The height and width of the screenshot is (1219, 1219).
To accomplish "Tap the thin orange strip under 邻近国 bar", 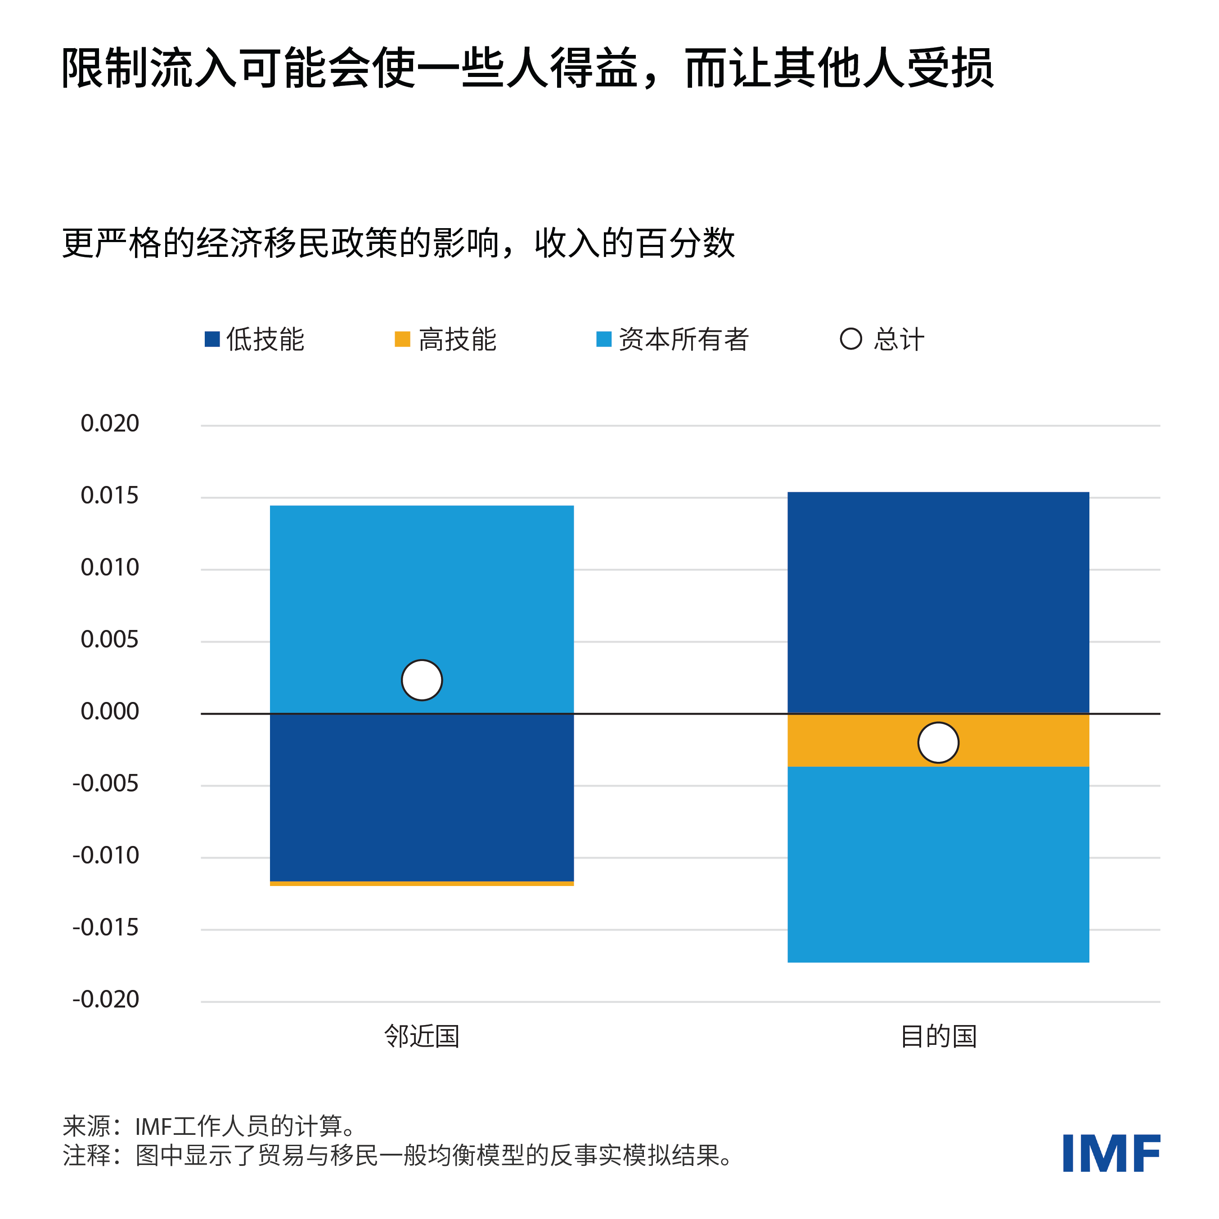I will tap(422, 883).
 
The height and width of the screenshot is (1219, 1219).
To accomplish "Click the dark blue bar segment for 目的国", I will tap(938, 603).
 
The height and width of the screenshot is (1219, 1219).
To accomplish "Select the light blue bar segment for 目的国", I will tap(938, 864).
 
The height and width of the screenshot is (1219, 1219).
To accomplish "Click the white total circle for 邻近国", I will tap(422, 680).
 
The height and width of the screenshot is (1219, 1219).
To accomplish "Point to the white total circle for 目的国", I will tap(938, 742).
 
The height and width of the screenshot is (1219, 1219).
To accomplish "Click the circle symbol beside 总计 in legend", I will tap(850, 339).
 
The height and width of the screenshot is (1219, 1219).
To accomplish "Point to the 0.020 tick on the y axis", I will tap(110, 423).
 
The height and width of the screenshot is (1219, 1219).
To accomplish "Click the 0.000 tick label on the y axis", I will tap(110, 712).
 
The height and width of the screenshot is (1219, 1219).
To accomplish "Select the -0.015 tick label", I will tap(105, 927).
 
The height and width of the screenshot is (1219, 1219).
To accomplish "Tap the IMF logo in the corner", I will tap(1111, 1153).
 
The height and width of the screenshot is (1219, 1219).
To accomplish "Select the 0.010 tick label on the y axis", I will tap(110, 568).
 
